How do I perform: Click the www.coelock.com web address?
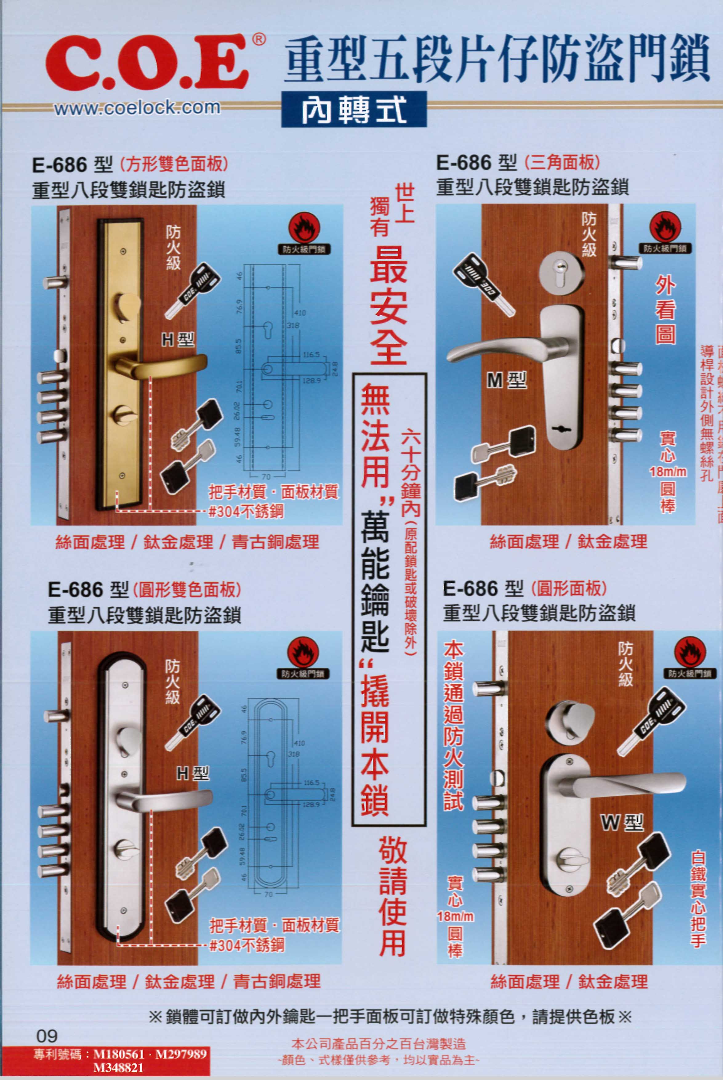pos(137,107)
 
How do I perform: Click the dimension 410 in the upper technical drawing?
pos(300,313)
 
